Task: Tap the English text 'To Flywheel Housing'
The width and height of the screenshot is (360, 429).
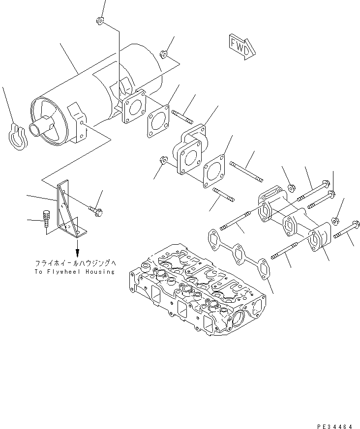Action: click(74, 272)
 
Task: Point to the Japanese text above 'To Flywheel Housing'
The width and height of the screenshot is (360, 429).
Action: click(74, 263)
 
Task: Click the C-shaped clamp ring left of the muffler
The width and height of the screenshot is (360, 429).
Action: click(17, 136)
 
